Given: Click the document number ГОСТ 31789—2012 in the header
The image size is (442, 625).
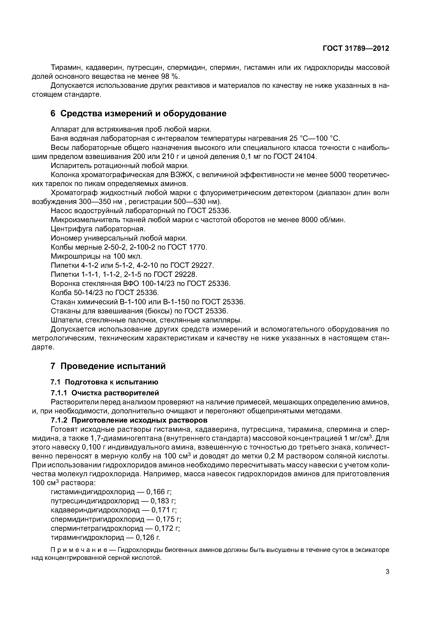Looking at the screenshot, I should pos(356,48).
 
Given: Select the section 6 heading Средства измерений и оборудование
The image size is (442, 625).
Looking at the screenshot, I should pos(139,113).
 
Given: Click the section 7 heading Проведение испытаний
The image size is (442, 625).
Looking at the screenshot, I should pos(108,366).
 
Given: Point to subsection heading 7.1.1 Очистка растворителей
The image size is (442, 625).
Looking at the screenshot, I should pos(105,393).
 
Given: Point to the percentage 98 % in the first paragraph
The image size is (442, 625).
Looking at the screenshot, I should pos(171,76).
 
